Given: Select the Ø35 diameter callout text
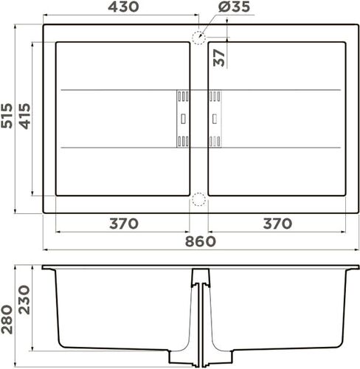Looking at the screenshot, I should (235, 7).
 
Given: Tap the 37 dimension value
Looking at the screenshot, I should (219, 58).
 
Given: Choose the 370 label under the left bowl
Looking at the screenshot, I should (123, 224).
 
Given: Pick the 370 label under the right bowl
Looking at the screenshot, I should (277, 224).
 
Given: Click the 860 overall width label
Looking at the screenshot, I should (200, 242).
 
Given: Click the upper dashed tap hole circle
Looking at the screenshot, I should (198, 38).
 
